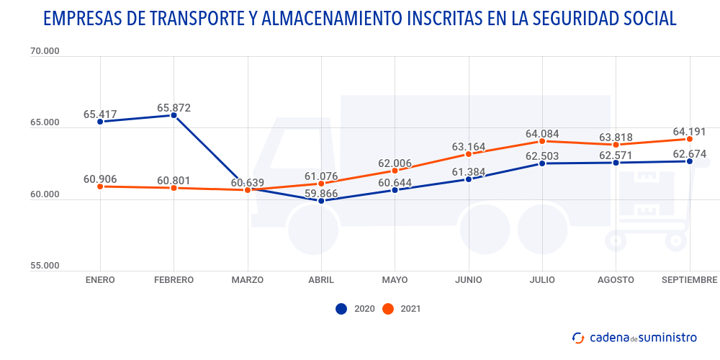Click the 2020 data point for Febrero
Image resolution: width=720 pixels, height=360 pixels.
174,115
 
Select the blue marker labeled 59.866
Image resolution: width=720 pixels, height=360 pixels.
321,200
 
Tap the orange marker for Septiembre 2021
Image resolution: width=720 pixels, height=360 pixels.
689,139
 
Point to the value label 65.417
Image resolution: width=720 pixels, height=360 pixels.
100,114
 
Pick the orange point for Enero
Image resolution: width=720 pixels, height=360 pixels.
100,186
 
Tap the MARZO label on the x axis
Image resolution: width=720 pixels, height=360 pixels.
247,279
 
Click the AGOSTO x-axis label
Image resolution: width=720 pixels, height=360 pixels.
616,279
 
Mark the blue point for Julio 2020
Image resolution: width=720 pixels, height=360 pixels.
542,163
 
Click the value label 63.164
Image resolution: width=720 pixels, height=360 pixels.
469,147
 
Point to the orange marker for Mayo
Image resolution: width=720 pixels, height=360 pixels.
395,171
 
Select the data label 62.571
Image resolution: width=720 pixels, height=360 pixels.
616,154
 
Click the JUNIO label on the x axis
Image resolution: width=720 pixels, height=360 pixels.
469,279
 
